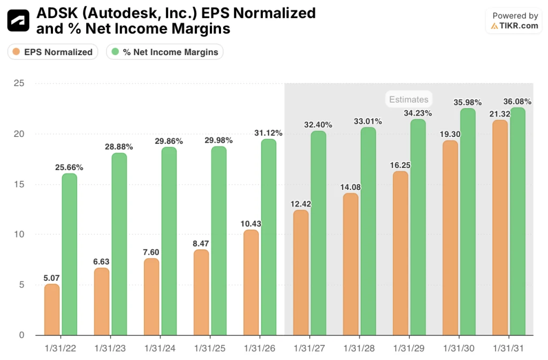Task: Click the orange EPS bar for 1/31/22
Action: [x=52, y=310]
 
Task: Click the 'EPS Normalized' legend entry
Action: [x=52, y=52]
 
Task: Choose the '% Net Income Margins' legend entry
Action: [x=165, y=52]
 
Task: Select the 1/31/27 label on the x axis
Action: [x=309, y=348]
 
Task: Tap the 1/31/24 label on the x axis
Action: [x=160, y=348]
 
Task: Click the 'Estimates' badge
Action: [x=408, y=99]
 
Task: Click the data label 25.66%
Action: [x=69, y=167]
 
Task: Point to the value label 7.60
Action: [x=151, y=252]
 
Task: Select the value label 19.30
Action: [x=450, y=134]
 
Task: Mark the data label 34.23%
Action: [x=418, y=113]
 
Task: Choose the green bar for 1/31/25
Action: [x=219, y=241]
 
